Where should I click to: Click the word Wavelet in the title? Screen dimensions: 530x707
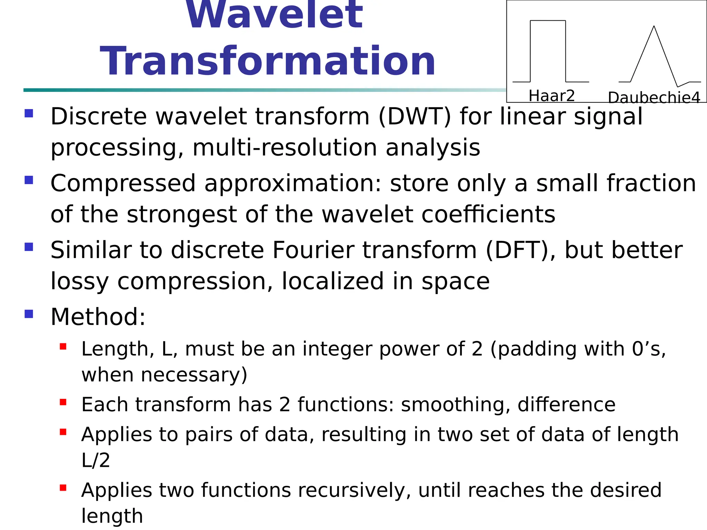(x=274, y=16)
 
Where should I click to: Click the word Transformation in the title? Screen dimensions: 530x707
(x=268, y=61)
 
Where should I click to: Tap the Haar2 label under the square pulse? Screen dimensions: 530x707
(x=551, y=96)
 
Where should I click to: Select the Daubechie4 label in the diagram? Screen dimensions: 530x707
(x=654, y=98)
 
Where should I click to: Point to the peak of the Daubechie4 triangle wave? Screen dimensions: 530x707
(x=654, y=27)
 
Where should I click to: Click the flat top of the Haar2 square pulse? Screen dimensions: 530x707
(x=548, y=21)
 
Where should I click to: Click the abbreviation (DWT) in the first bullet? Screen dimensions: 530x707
(x=415, y=116)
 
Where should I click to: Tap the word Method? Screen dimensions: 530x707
(x=98, y=317)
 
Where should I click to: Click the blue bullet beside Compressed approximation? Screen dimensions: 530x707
(x=29, y=180)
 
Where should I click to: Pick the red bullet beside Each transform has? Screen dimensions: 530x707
(x=63, y=402)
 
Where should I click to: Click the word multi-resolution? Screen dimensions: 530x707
(x=284, y=148)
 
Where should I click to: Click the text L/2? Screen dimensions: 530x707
(x=96, y=460)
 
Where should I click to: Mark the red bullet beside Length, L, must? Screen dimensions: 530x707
(x=63, y=346)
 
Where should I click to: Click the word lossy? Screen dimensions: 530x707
(x=80, y=281)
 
